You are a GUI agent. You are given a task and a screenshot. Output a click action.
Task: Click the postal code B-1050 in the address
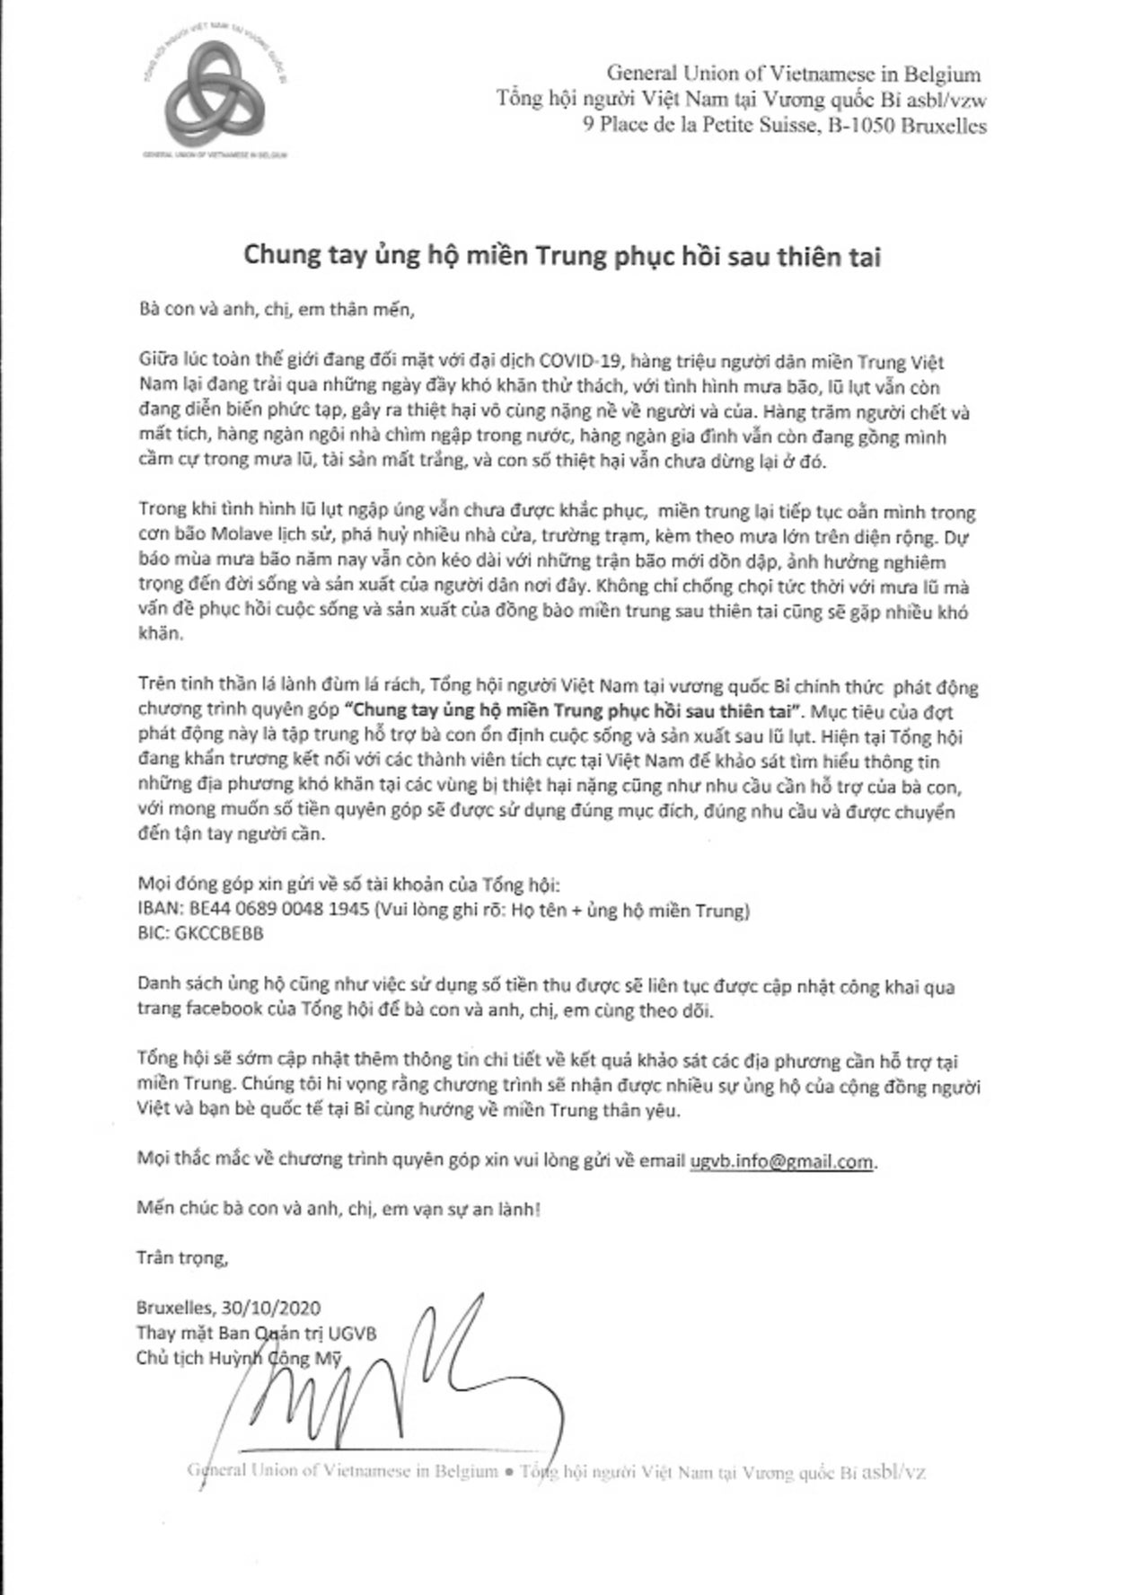(x=863, y=126)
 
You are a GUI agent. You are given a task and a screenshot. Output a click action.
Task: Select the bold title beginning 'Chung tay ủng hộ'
(x=563, y=257)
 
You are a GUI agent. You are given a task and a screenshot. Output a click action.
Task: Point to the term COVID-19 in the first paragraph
(x=584, y=363)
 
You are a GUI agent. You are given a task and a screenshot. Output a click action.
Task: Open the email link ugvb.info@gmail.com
(x=781, y=1161)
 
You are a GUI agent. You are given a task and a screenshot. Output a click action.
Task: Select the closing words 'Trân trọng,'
(x=183, y=1257)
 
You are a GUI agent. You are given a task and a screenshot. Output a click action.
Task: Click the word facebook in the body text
(x=215, y=1010)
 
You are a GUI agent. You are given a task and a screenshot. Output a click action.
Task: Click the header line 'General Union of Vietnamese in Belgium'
(x=794, y=74)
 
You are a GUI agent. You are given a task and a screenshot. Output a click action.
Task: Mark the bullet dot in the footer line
(x=508, y=1472)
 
